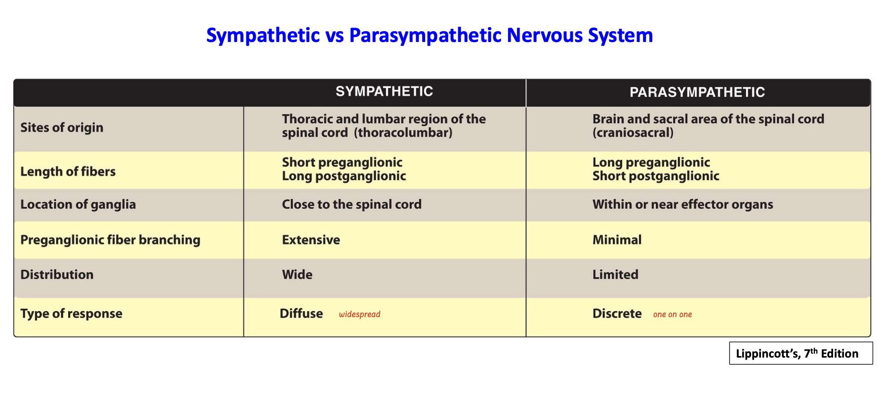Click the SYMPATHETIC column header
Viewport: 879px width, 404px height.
pyautogui.click(x=384, y=91)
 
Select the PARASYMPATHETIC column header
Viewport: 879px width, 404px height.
pyautogui.click(x=697, y=92)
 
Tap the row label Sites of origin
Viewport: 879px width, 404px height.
pyautogui.click(x=62, y=127)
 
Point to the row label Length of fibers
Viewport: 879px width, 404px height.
pyautogui.click(x=68, y=171)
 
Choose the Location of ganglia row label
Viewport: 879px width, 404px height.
pyautogui.click(x=78, y=204)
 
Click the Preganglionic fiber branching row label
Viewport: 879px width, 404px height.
pyautogui.click(x=110, y=240)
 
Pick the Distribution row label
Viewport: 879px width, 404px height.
pyautogui.click(x=57, y=275)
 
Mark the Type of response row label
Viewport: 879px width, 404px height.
pyautogui.click(x=71, y=314)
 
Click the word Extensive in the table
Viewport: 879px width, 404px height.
pyautogui.click(x=311, y=240)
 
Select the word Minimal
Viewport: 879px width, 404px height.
pyautogui.click(x=617, y=240)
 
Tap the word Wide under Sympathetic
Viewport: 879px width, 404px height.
pyautogui.click(x=297, y=275)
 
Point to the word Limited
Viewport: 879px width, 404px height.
pyautogui.click(x=615, y=275)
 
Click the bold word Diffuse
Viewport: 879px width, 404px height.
pyautogui.click(x=301, y=314)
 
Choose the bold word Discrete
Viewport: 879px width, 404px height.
pyautogui.click(x=617, y=314)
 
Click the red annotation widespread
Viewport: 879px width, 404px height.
pyautogui.click(x=360, y=315)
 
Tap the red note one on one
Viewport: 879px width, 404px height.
pyautogui.click(x=673, y=315)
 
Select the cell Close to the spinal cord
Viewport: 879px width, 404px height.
pyautogui.click(x=352, y=204)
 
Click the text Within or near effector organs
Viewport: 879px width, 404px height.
pyautogui.click(x=683, y=204)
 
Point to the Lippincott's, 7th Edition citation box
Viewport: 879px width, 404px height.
pyautogui.click(x=801, y=353)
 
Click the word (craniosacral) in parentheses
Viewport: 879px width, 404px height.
pyautogui.click(x=633, y=133)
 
